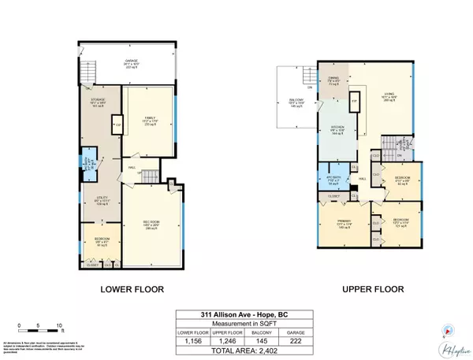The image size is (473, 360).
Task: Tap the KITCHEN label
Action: click(337, 131)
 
